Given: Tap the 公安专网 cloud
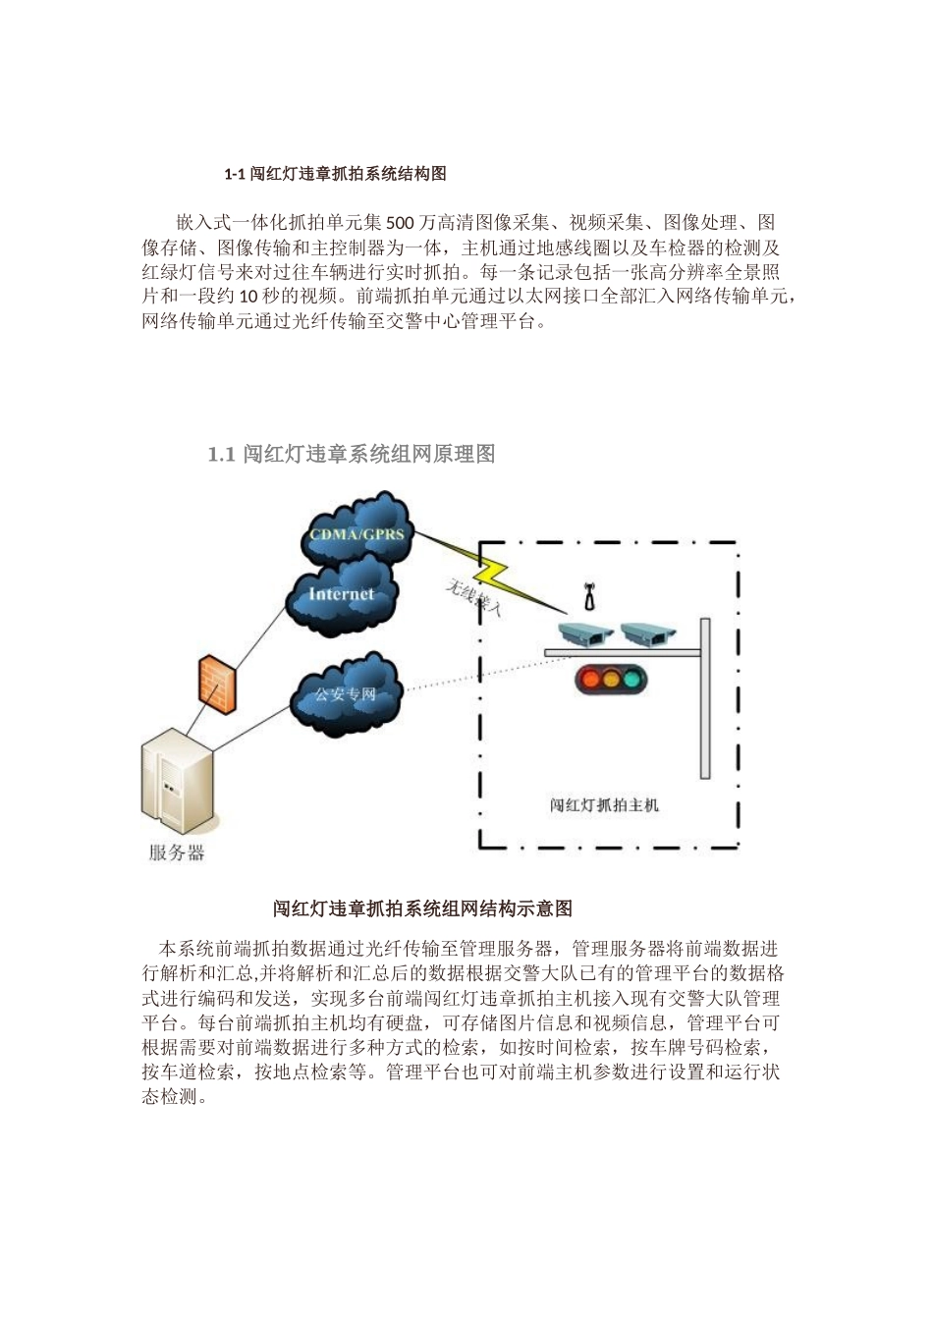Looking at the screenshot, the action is pos(346,694).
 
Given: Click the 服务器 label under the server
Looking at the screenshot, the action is pos(177,852).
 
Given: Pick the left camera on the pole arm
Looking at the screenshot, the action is pos(585,634).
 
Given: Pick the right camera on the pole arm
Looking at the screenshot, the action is pos(649,634).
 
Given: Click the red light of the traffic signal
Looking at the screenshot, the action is pos(590,678).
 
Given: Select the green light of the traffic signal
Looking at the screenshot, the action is pos(634,678).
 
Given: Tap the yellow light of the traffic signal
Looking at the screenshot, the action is pos(612,678).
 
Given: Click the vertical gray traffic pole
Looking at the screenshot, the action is pos(704,697).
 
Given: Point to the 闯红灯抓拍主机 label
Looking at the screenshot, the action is pos(604,805).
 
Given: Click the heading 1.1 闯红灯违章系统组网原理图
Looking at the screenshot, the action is pos(351,454).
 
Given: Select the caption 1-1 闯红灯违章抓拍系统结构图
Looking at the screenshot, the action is pos(335,174).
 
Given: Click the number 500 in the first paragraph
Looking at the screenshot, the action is pos(401,222).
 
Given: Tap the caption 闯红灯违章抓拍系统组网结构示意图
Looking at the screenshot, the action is pos(422,908).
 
